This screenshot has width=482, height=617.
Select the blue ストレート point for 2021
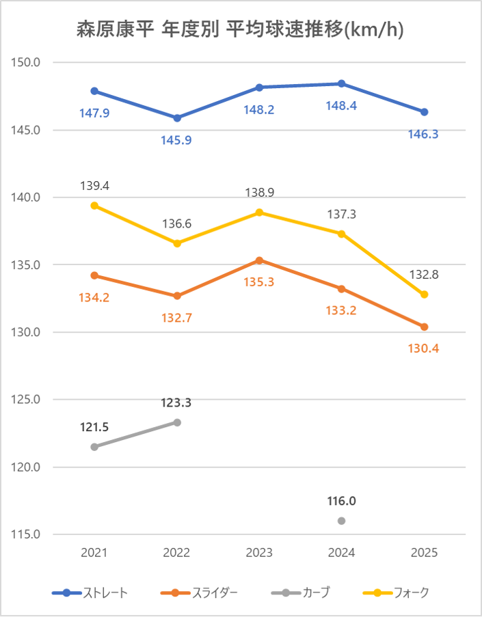(94, 91)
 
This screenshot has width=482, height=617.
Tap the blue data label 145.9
(177, 140)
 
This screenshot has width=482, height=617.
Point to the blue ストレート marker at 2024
(342, 84)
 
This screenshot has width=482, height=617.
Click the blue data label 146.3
(424, 135)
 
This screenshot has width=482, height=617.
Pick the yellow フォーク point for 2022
(177, 243)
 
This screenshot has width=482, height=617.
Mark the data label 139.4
(94, 186)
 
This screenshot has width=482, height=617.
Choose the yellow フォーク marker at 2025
(425, 294)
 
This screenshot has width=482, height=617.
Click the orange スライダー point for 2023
(259, 260)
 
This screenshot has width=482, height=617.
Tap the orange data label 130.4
(424, 348)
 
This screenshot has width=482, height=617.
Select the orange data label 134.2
(94, 297)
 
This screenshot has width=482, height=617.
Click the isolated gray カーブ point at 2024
(342, 521)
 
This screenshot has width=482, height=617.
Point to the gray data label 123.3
(177, 403)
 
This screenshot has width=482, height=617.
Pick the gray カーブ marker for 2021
(94, 447)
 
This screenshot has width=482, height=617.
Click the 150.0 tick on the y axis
(27, 63)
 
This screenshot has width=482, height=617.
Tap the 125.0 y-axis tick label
(27, 400)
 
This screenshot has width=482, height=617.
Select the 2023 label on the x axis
(259, 553)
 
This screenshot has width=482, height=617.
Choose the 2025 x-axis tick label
(425, 553)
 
